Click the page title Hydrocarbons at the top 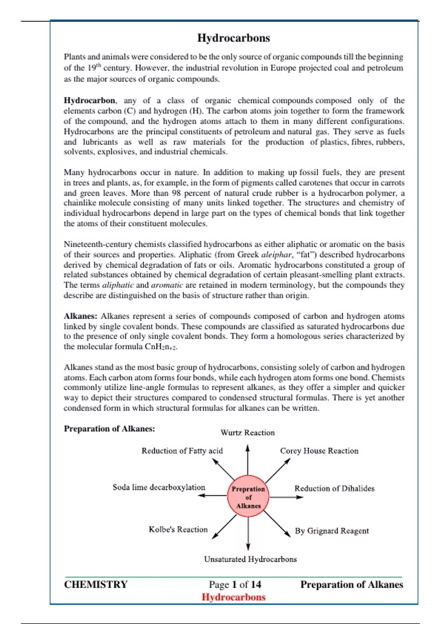click(x=233, y=38)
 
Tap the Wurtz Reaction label click(x=247, y=433)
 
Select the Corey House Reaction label click(x=319, y=451)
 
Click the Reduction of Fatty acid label click(x=182, y=451)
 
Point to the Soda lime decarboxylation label click(x=159, y=487)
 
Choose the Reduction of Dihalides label click(x=334, y=489)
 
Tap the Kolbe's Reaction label click(x=178, y=529)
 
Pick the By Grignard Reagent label click(x=331, y=531)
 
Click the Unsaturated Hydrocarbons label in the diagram click(x=250, y=559)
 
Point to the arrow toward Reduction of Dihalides click(x=286, y=497)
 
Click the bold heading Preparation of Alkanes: click(x=109, y=429)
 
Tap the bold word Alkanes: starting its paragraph click(x=80, y=316)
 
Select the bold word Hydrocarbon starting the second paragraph click(x=89, y=101)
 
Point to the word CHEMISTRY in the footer click(x=96, y=584)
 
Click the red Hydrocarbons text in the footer click(x=233, y=597)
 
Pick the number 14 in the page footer click(x=256, y=584)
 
